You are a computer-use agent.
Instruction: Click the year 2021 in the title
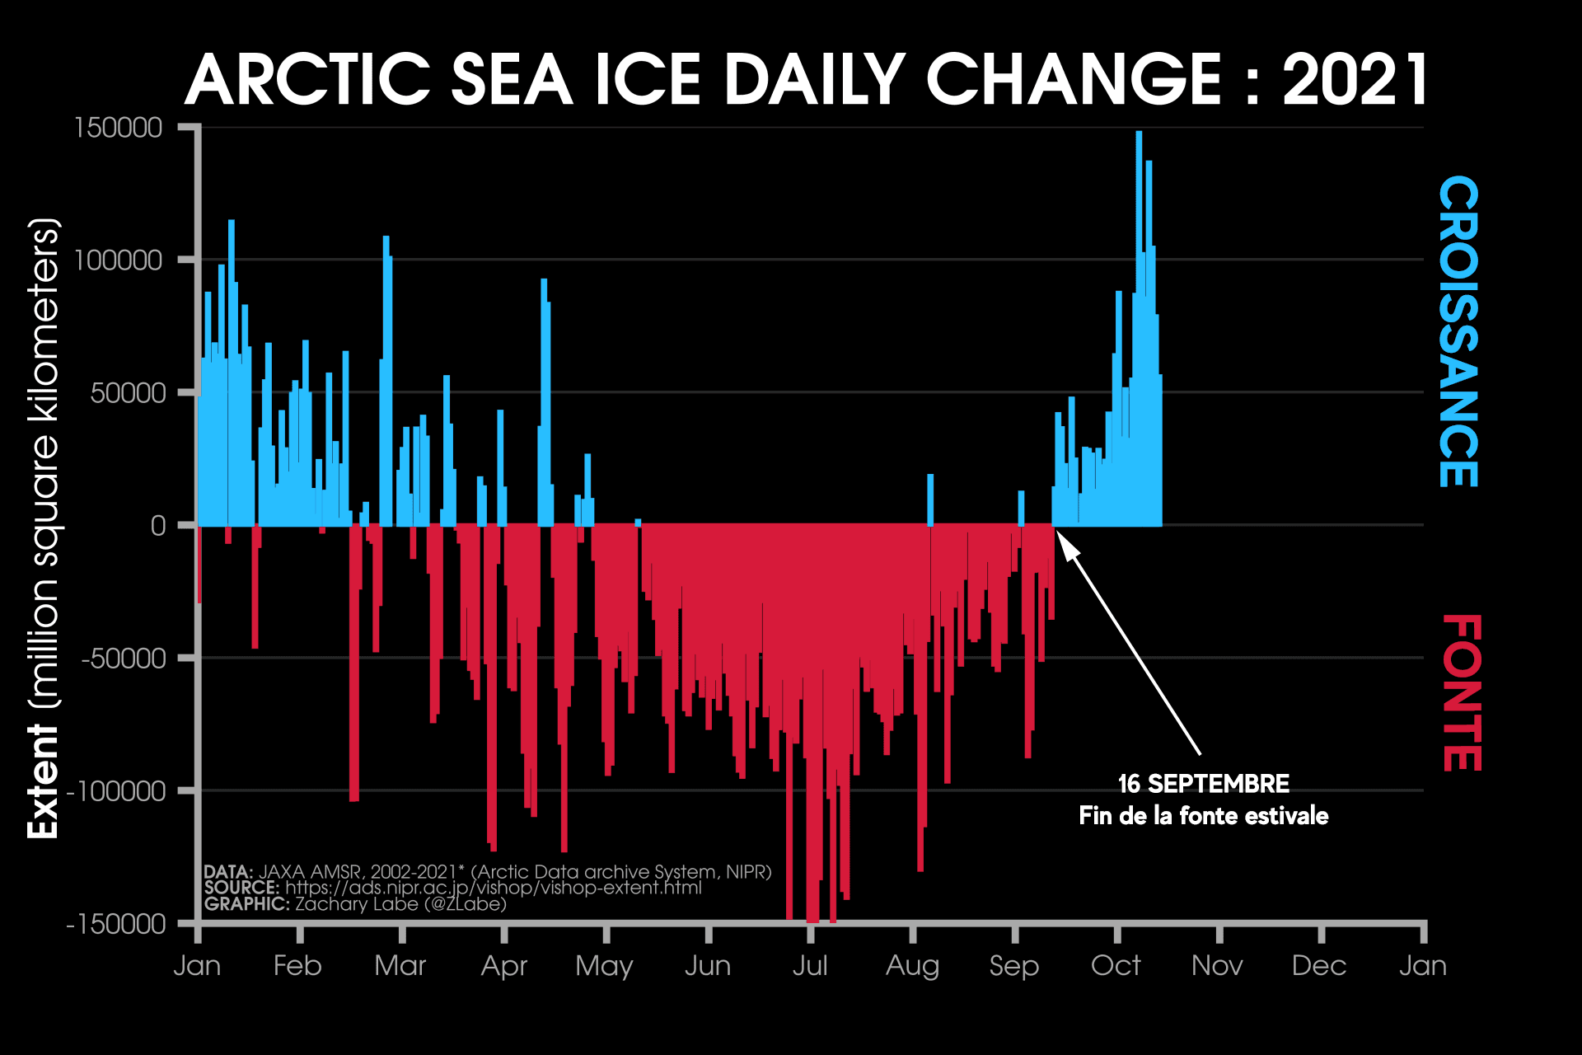[1355, 80]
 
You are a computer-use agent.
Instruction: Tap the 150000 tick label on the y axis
[119, 128]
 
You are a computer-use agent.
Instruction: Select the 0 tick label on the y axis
[158, 525]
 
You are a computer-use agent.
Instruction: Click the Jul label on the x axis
[810, 965]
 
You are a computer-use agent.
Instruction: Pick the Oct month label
[1116, 965]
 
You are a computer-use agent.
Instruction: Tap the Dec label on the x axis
[1319, 965]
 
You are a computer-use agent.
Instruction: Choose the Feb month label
[297, 965]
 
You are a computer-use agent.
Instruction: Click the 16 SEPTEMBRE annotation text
[1203, 783]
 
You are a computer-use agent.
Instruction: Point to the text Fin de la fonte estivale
[1203, 816]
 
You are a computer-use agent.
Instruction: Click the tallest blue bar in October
[1139, 247]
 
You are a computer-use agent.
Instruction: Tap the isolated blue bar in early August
[930, 499]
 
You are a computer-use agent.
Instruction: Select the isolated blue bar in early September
[1021, 508]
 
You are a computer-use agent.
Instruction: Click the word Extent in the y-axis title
[43, 781]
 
